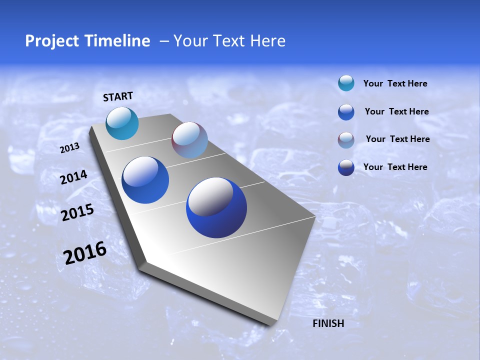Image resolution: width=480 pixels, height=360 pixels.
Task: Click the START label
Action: pyautogui.click(x=118, y=96)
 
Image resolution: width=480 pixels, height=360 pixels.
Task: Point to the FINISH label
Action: pyautogui.click(x=328, y=323)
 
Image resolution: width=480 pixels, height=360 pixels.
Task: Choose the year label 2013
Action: pyautogui.click(x=69, y=148)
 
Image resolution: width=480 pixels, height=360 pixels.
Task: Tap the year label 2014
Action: pyautogui.click(x=74, y=177)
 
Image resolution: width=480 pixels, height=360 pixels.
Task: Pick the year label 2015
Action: pyautogui.click(x=77, y=213)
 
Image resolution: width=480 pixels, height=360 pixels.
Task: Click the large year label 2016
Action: pyautogui.click(x=85, y=253)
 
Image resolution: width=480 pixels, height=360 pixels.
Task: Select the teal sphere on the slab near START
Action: pyautogui.click(x=122, y=123)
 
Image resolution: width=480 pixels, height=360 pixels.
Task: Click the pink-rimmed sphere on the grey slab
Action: pyautogui.click(x=189, y=140)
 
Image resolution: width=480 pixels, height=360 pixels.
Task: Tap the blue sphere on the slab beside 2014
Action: pyautogui.click(x=145, y=180)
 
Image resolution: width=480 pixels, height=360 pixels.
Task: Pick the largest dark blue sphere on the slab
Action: pyautogui.click(x=216, y=207)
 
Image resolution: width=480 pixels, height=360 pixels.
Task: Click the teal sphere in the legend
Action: pyautogui.click(x=346, y=83)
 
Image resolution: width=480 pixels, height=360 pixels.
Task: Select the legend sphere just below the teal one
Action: pyautogui.click(x=346, y=112)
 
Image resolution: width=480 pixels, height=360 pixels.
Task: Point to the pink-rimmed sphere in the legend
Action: pyautogui.click(x=346, y=140)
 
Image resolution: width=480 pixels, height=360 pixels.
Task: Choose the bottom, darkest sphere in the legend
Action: pyautogui.click(x=346, y=167)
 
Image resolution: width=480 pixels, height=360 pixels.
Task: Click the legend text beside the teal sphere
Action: pyautogui.click(x=395, y=83)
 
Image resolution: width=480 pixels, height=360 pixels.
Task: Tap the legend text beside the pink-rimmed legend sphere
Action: pyautogui.click(x=397, y=139)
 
